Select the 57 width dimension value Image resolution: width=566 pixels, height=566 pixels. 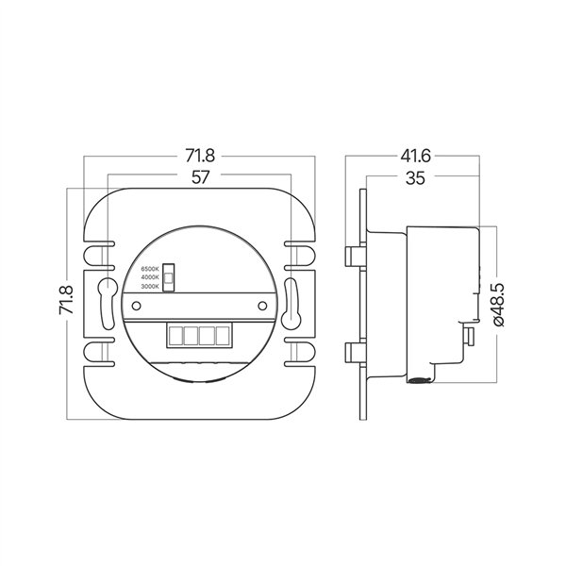[x=200, y=176]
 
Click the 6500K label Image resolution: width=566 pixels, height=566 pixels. [x=149, y=269]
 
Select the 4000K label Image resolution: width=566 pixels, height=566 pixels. [x=149, y=277]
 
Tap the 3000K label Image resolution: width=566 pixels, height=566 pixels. [x=149, y=286]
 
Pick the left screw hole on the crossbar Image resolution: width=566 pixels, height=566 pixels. [x=134, y=307]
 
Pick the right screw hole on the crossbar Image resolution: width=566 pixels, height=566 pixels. [x=263, y=307]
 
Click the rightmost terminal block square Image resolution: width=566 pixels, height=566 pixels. [x=223, y=335]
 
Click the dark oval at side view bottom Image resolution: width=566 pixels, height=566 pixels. [x=415, y=380]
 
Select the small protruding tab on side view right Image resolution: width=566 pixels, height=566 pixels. [x=468, y=338]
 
